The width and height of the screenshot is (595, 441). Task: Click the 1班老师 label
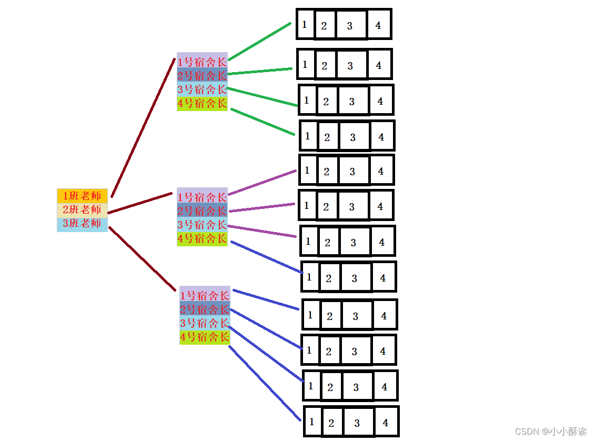[82, 196]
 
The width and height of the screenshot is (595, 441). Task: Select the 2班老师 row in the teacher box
[82, 209]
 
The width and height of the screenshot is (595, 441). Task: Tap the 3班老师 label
[82, 223]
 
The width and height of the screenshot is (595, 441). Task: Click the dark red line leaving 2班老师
[140, 203]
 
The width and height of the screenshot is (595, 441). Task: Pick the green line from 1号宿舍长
[259, 42]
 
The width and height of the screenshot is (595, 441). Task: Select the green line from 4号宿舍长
[263, 122]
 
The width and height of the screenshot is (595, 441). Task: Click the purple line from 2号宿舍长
[262, 207]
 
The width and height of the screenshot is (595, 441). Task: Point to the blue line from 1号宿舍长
[266, 299]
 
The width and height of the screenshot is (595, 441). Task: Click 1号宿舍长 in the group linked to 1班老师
[202, 62]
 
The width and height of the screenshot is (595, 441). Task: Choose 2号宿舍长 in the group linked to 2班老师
[202, 211]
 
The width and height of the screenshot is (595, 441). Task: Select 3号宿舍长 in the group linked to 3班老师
[205, 323]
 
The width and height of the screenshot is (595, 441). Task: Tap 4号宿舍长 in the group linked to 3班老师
[205, 337]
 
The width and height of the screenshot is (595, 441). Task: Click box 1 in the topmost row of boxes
[305, 24]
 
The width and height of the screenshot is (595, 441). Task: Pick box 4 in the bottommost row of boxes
[386, 422]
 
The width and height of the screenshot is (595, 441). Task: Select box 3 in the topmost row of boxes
[350, 25]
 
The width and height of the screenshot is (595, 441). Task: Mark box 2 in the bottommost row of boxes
[331, 423]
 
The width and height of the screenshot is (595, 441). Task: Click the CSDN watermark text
[550, 432]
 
